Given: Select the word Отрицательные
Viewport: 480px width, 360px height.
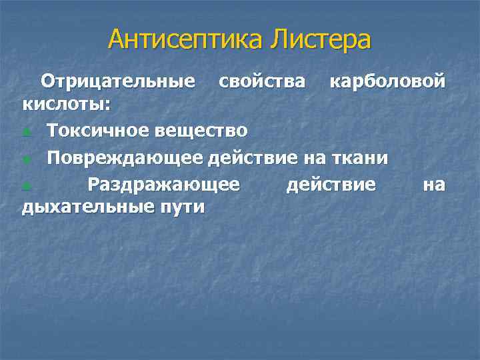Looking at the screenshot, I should click(118, 81).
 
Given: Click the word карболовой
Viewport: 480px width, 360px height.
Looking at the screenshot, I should click(387, 81).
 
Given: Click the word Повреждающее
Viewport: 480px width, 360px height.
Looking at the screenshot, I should click(124, 158).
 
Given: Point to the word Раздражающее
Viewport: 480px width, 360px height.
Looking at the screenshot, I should click(163, 183).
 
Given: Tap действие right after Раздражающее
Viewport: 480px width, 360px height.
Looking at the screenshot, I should click(331, 183).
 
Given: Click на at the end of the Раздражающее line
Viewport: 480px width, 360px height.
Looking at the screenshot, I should click(434, 183).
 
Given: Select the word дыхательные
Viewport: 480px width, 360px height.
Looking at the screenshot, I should click(89, 207).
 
